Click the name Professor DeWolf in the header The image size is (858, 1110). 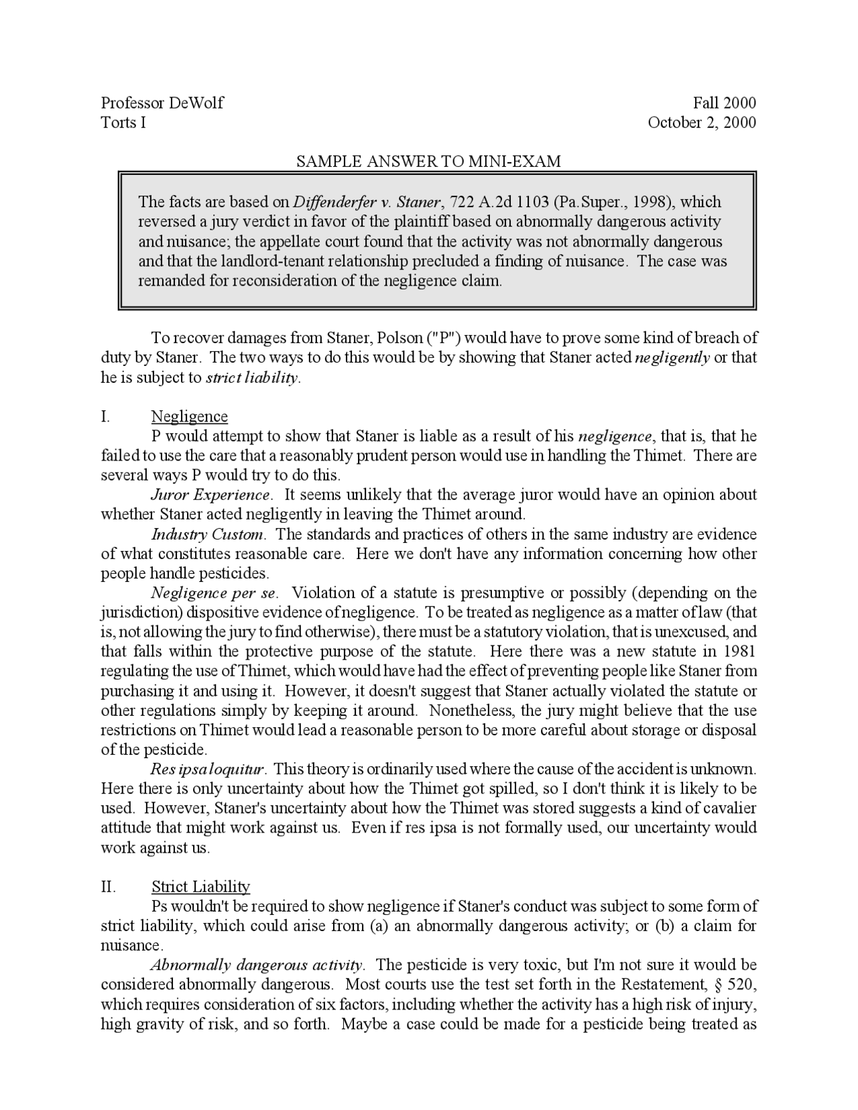coord(162,103)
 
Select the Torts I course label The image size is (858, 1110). coord(123,122)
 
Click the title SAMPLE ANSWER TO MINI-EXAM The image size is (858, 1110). coord(428,162)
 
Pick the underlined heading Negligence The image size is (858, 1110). coord(190,417)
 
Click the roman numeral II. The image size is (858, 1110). coord(108,887)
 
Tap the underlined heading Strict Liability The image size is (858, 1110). coord(201,887)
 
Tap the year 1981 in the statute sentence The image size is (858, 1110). coord(740,652)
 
